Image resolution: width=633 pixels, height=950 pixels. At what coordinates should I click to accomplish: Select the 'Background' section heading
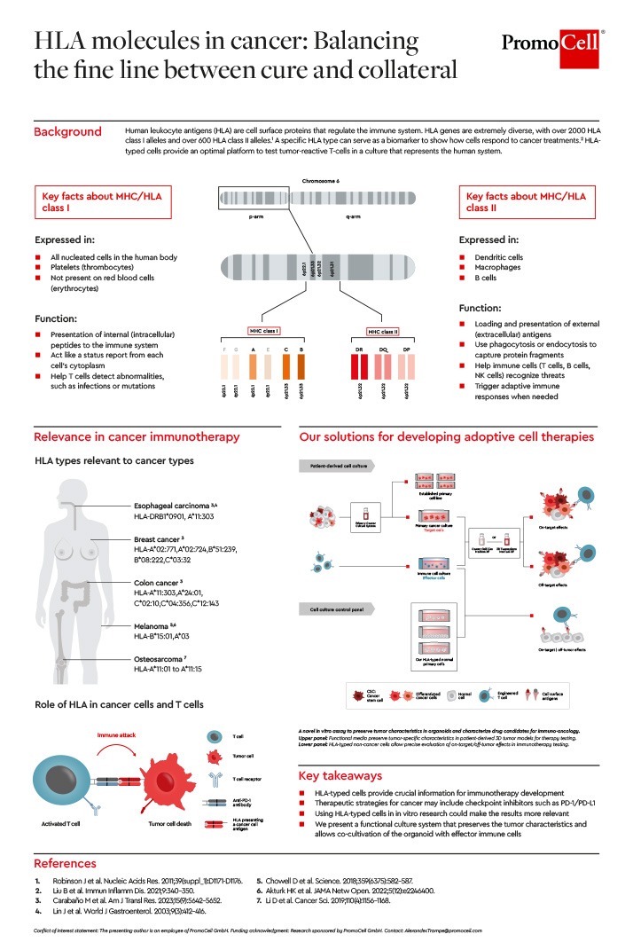coord(67,132)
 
